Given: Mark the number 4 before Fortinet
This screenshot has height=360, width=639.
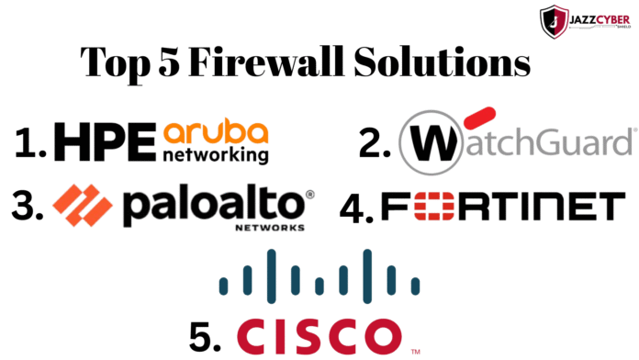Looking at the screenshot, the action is pyautogui.click(x=353, y=207).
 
